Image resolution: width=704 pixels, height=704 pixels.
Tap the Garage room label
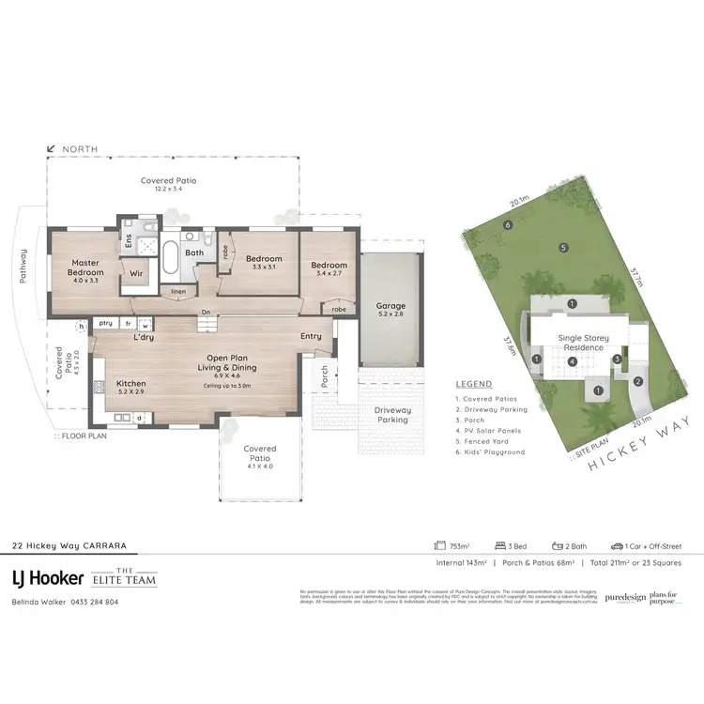pos(390,310)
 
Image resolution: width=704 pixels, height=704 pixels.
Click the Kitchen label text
pos(130,385)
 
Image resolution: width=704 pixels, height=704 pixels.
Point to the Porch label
pos(324,375)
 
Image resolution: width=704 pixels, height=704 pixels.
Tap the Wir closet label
pos(135,274)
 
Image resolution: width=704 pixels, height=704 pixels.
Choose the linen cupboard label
pos(177,291)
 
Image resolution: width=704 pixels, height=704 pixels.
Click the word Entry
pos(311,336)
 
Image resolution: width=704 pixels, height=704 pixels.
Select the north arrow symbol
pos(51,148)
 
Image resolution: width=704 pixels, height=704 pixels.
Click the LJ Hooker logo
pos(48,577)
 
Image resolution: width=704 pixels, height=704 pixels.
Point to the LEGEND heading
pos(473,385)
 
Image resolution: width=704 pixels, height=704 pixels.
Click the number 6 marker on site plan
pos(508,224)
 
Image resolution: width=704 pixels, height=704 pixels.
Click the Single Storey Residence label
pos(583,342)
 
